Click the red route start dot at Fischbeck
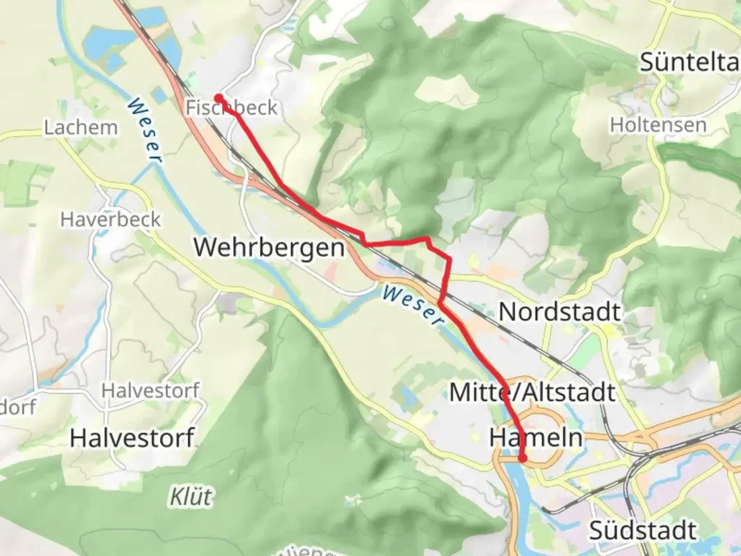click(219, 98)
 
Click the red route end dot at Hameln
click(522, 458)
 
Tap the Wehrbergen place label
click(269, 248)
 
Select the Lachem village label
click(80, 127)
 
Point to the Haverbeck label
click(110, 220)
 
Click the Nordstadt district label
click(559, 312)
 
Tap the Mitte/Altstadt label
click(532, 393)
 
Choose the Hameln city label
click(536, 438)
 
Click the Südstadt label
click(643, 530)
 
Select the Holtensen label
click(658, 125)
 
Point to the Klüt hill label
click(190, 497)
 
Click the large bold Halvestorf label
click(132, 438)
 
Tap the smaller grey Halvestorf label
click(150, 391)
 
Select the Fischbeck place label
click(231, 108)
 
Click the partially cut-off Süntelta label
click(690, 63)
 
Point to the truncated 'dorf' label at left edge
click(17, 407)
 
